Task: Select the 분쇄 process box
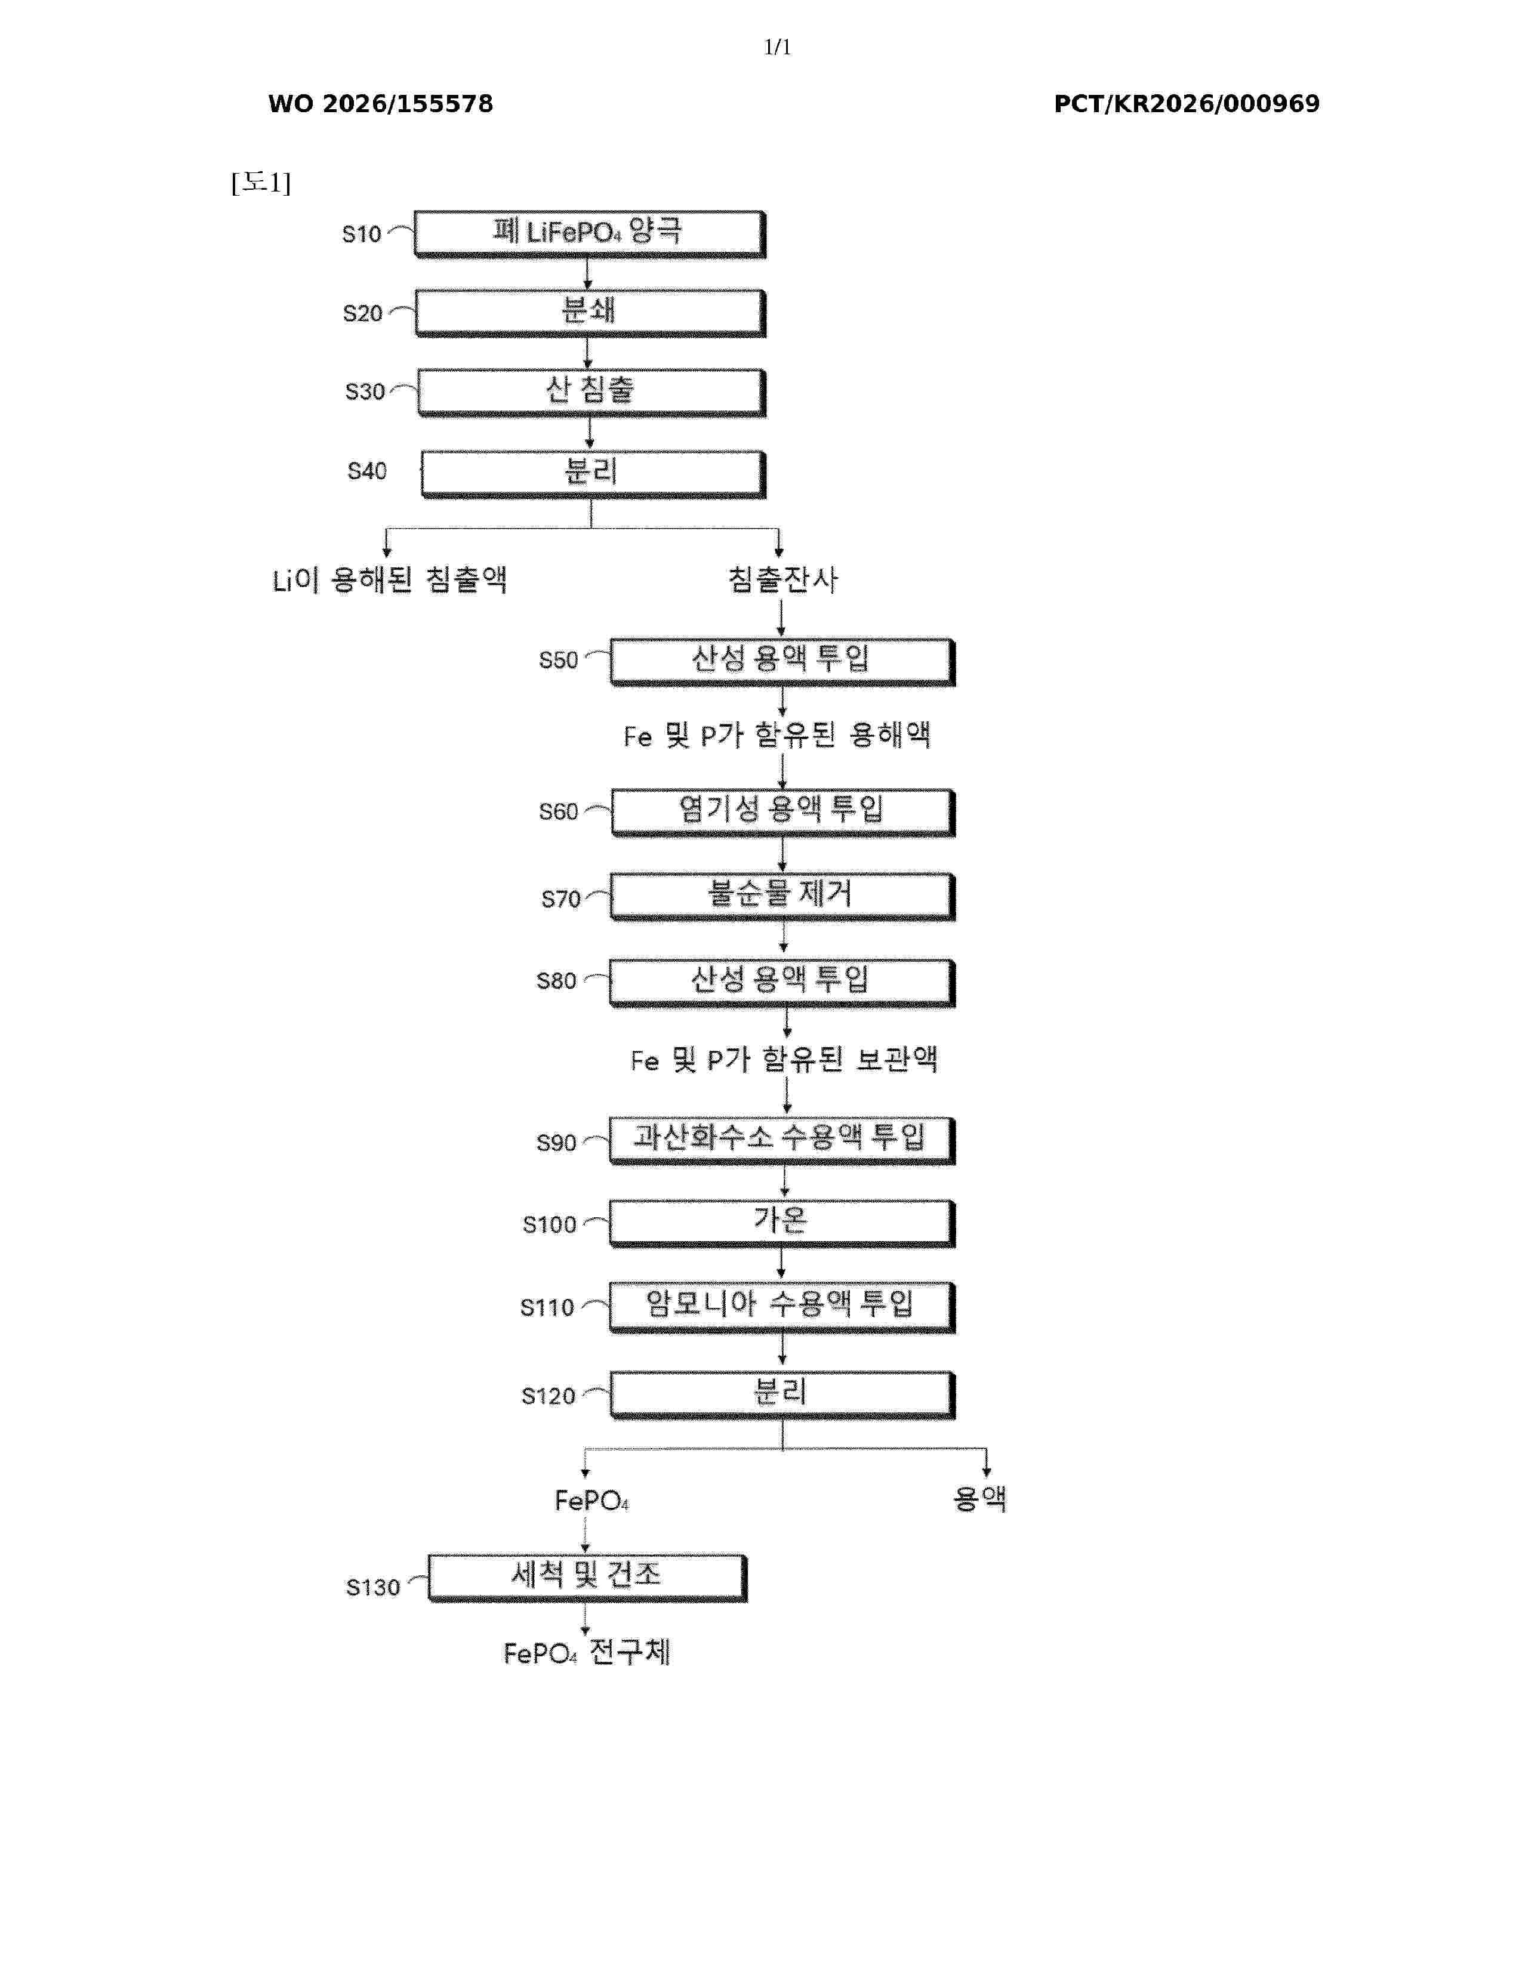590,313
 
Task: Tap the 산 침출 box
591,392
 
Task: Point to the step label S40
367,471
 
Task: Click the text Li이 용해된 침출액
390,579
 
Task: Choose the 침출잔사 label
782,579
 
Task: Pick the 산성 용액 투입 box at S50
782,662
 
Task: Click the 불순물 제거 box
782,897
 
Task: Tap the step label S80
556,981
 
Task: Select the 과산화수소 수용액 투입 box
782,1141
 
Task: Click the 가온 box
782,1223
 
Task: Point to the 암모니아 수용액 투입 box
782,1306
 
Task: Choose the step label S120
548,1397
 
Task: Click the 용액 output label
979,1498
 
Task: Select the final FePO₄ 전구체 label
587,1653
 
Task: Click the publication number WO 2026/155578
381,104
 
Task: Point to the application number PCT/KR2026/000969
1187,104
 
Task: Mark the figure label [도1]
261,183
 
